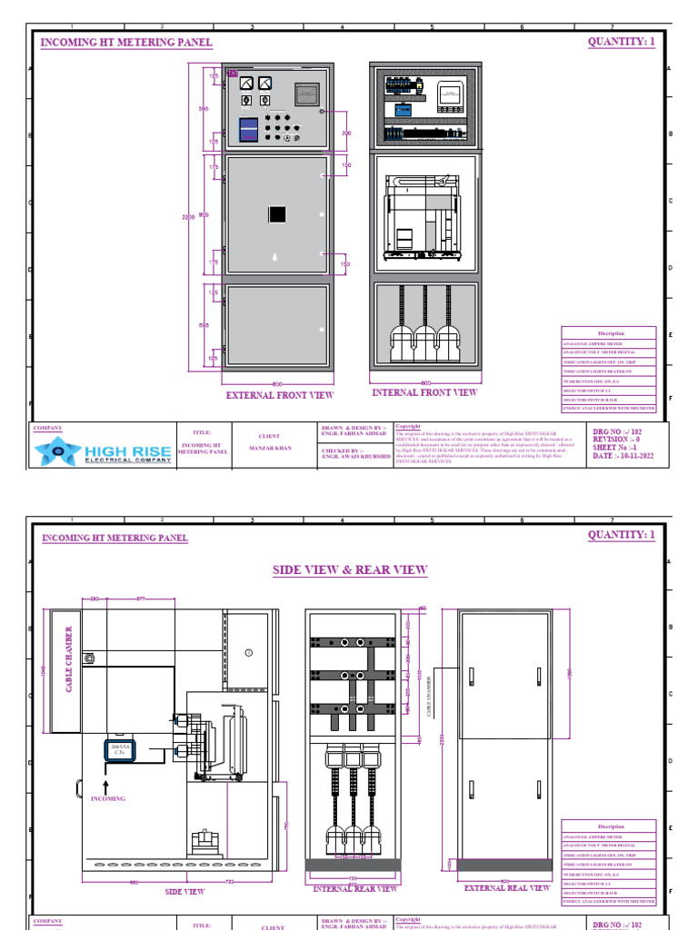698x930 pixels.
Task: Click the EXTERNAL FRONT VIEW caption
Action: pos(279,395)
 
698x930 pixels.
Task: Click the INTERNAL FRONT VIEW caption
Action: pos(424,393)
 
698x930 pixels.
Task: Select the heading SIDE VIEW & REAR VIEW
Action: pos(350,569)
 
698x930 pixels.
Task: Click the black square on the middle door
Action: pos(277,214)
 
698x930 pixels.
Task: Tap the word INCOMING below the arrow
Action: pos(107,798)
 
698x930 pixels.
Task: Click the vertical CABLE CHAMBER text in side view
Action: pos(67,658)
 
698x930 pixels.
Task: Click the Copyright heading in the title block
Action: pos(408,426)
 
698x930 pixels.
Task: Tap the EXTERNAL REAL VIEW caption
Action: pos(507,887)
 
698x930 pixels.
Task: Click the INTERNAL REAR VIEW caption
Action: pos(354,888)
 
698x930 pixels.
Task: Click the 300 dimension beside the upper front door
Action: pos(345,133)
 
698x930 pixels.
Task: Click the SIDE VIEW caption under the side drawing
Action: pos(184,891)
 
